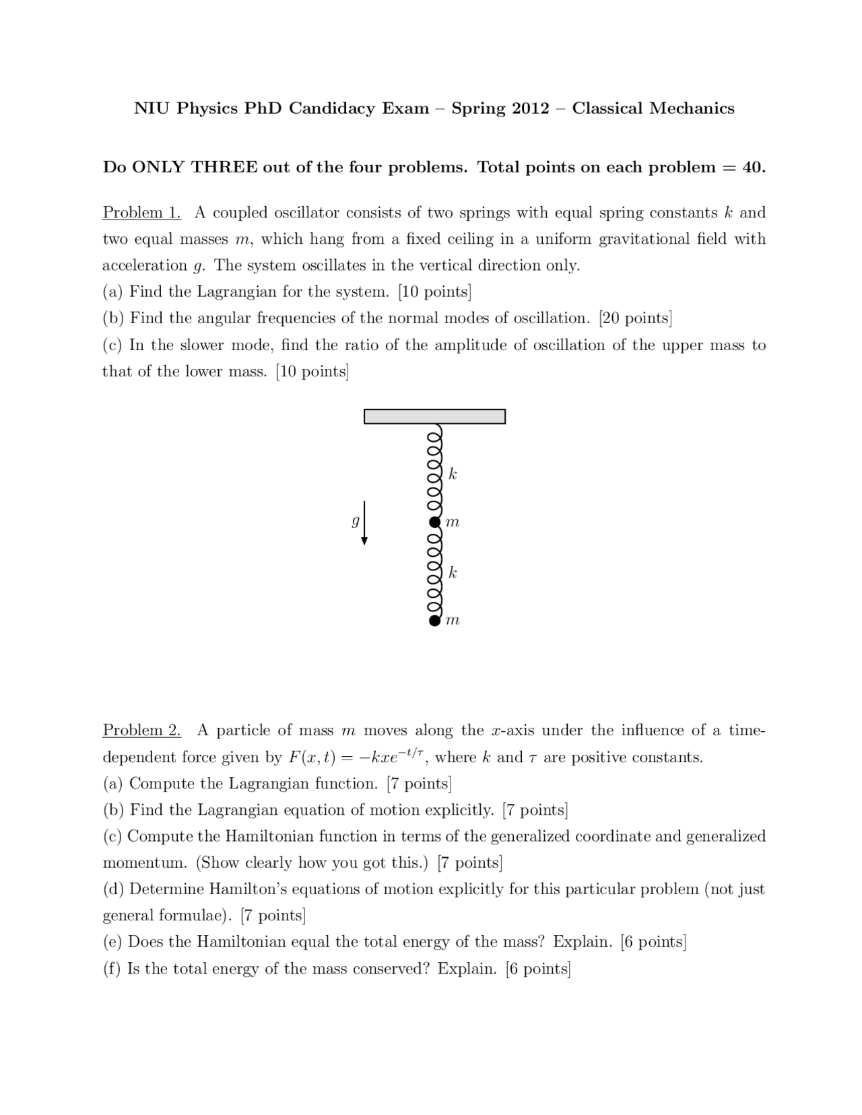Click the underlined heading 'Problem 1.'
click(x=141, y=213)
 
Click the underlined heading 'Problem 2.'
click(x=141, y=731)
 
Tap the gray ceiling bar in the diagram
click(x=434, y=417)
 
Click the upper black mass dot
click(x=435, y=522)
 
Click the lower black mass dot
click(x=435, y=620)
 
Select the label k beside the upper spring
click(x=453, y=475)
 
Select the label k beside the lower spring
click(x=453, y=573)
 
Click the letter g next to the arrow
click(x=354, y=522)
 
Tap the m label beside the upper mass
click(x=453, y=522)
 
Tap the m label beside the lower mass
click(x=453, y=621)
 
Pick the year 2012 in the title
click(x=530, y=109)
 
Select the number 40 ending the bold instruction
click(x=752, y=168)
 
